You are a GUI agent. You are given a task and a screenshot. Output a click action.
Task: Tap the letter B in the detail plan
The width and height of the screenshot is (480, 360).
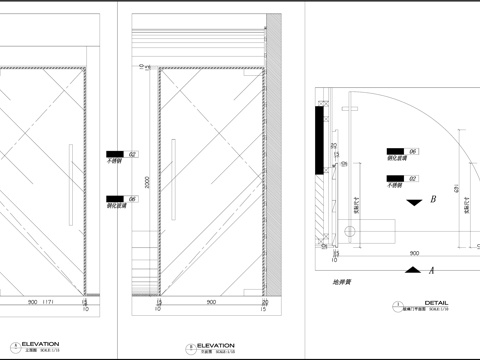coord(433,199)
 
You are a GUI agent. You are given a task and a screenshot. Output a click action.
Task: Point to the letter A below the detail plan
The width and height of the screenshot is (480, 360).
coord(432,270)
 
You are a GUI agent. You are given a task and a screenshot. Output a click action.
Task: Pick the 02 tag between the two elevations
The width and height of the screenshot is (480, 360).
coord(133,153)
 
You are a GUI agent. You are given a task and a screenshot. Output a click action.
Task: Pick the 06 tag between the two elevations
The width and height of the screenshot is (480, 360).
coord(133,198)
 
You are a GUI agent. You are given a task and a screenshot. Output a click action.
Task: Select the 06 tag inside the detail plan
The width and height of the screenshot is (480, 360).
coord(412,151)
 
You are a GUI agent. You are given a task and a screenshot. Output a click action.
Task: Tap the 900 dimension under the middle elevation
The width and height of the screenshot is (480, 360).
coord(209,302)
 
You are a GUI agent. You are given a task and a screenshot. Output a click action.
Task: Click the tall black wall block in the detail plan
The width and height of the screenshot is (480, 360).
coord(317,140)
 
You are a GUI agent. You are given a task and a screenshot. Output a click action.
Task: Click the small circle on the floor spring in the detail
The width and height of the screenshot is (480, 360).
coord(349,231)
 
